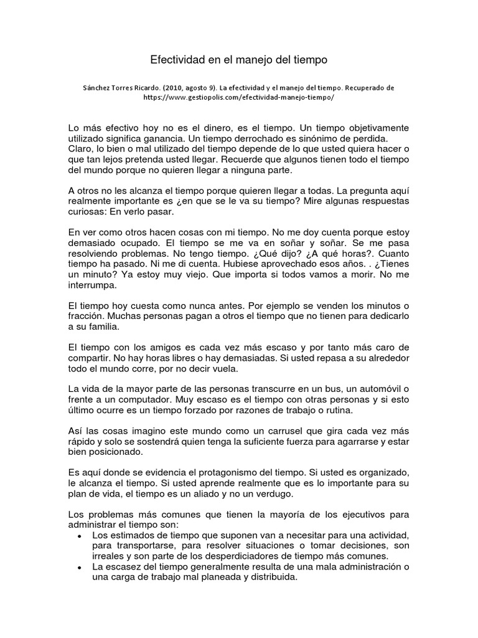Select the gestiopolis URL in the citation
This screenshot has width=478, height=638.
[238, 98]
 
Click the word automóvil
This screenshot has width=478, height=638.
[377, 389]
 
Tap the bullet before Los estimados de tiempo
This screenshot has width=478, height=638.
[80, 536]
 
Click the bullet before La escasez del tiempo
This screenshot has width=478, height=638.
[80, 567]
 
